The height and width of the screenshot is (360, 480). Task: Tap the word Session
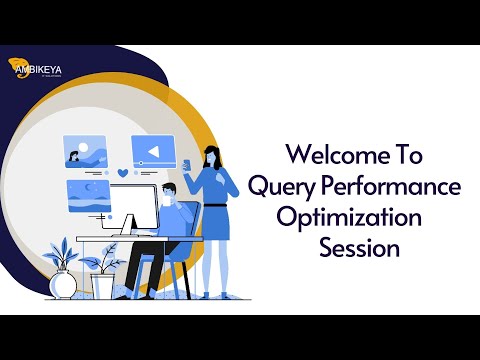pyautogui.click(x=359, y=248)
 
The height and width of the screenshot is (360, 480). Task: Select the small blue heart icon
pyautogui.click(x=122, y=173)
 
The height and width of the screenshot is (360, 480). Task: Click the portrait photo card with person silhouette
pyautogui.click(x=85, y=151)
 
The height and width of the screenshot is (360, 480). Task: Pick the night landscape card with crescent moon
pyautogui.click(x=89, y=192)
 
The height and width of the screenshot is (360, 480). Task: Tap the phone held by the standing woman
pyautogui.click(x=186, y=161)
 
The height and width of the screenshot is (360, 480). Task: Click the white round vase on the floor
pyautogui.click(x=63, y=284)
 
